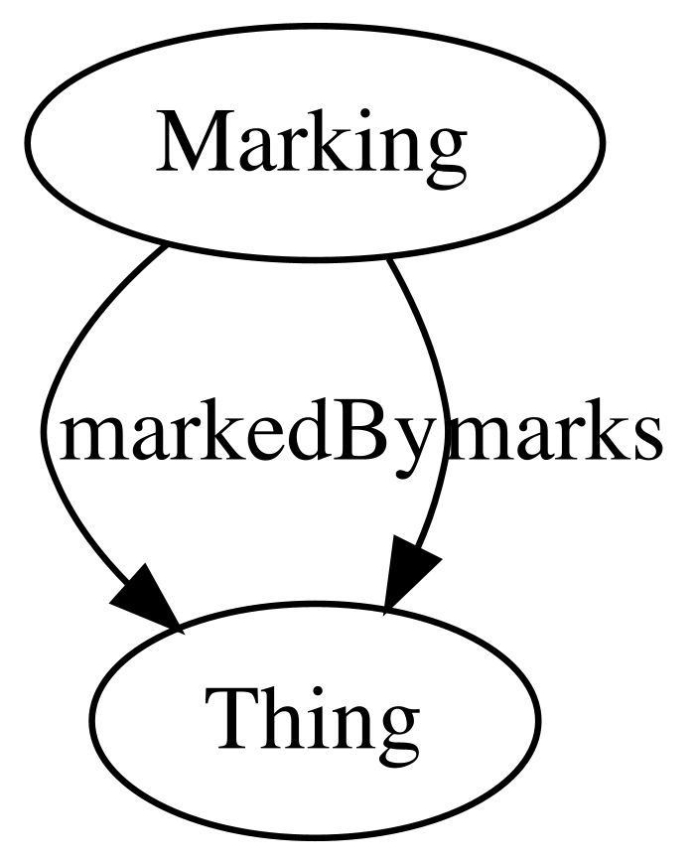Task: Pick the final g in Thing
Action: point(393,733)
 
